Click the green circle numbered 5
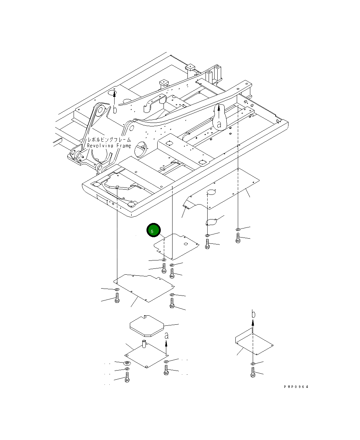click(153, 230)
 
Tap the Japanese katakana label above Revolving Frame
click(109, 140)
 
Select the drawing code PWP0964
click(296, 387)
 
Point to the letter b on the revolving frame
click(115, 110)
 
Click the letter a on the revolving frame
click(219, 124)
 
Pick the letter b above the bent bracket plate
click(253, 314)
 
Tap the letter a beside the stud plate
click(167, 335)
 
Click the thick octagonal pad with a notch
click(146, 326)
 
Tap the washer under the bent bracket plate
click(253, 364)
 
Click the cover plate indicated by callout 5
click(177, 246)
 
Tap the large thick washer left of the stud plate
click(127, 363)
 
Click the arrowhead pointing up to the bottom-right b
click(253, 322)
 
